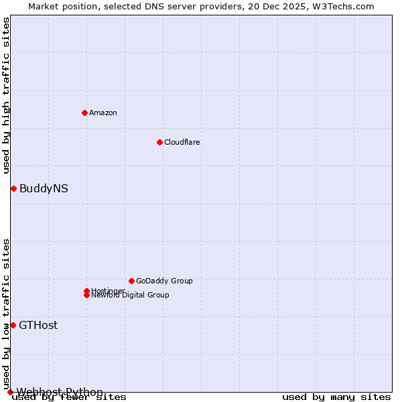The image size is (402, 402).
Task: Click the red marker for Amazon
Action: [x=84, y=113]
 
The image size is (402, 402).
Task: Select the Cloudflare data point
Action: [x=159, y=142]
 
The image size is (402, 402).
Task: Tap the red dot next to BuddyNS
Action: [x=13, y=188]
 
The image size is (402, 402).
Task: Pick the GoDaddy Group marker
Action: [x=131, y=281]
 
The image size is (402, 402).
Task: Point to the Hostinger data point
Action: [x=86, y=291]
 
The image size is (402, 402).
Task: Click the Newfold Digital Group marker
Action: [x=86, y=295]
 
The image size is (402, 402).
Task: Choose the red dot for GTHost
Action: [x=13, y=325]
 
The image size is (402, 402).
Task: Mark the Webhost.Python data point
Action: [x=10, y=392]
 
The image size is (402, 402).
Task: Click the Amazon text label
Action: [x=103, y=113]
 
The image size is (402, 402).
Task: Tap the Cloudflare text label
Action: [x=182, y=142]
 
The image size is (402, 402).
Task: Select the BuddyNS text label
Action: [x=44, y=188]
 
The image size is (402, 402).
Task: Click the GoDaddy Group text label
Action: [x=164, y=281]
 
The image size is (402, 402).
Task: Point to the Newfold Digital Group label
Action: [x=131, y=295]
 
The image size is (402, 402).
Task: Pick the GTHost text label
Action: [x=38, y=325]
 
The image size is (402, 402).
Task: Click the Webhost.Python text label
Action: [x=60, y=392]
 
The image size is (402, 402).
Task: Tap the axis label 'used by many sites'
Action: [x=336, y=397]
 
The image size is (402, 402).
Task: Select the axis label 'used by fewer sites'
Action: [x=70, y=397]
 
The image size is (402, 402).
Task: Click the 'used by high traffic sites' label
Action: [x=7, y=95]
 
